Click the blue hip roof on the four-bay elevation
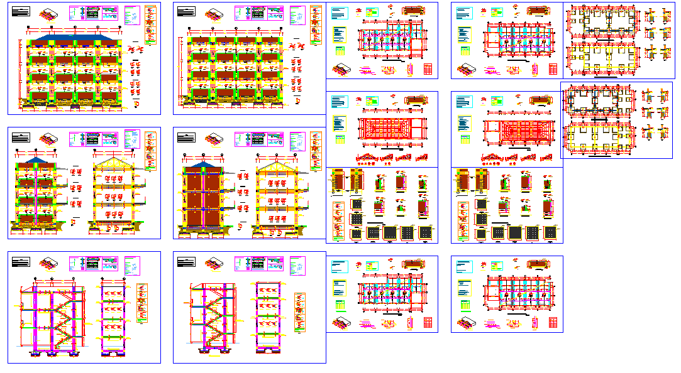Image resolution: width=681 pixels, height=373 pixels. click(74, 38)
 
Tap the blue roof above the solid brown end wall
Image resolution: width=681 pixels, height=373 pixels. click(202, 164)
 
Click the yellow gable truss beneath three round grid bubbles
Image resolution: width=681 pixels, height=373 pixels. click(114, 165)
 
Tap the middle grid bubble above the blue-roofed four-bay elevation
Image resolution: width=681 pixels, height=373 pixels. click(75, 28)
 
